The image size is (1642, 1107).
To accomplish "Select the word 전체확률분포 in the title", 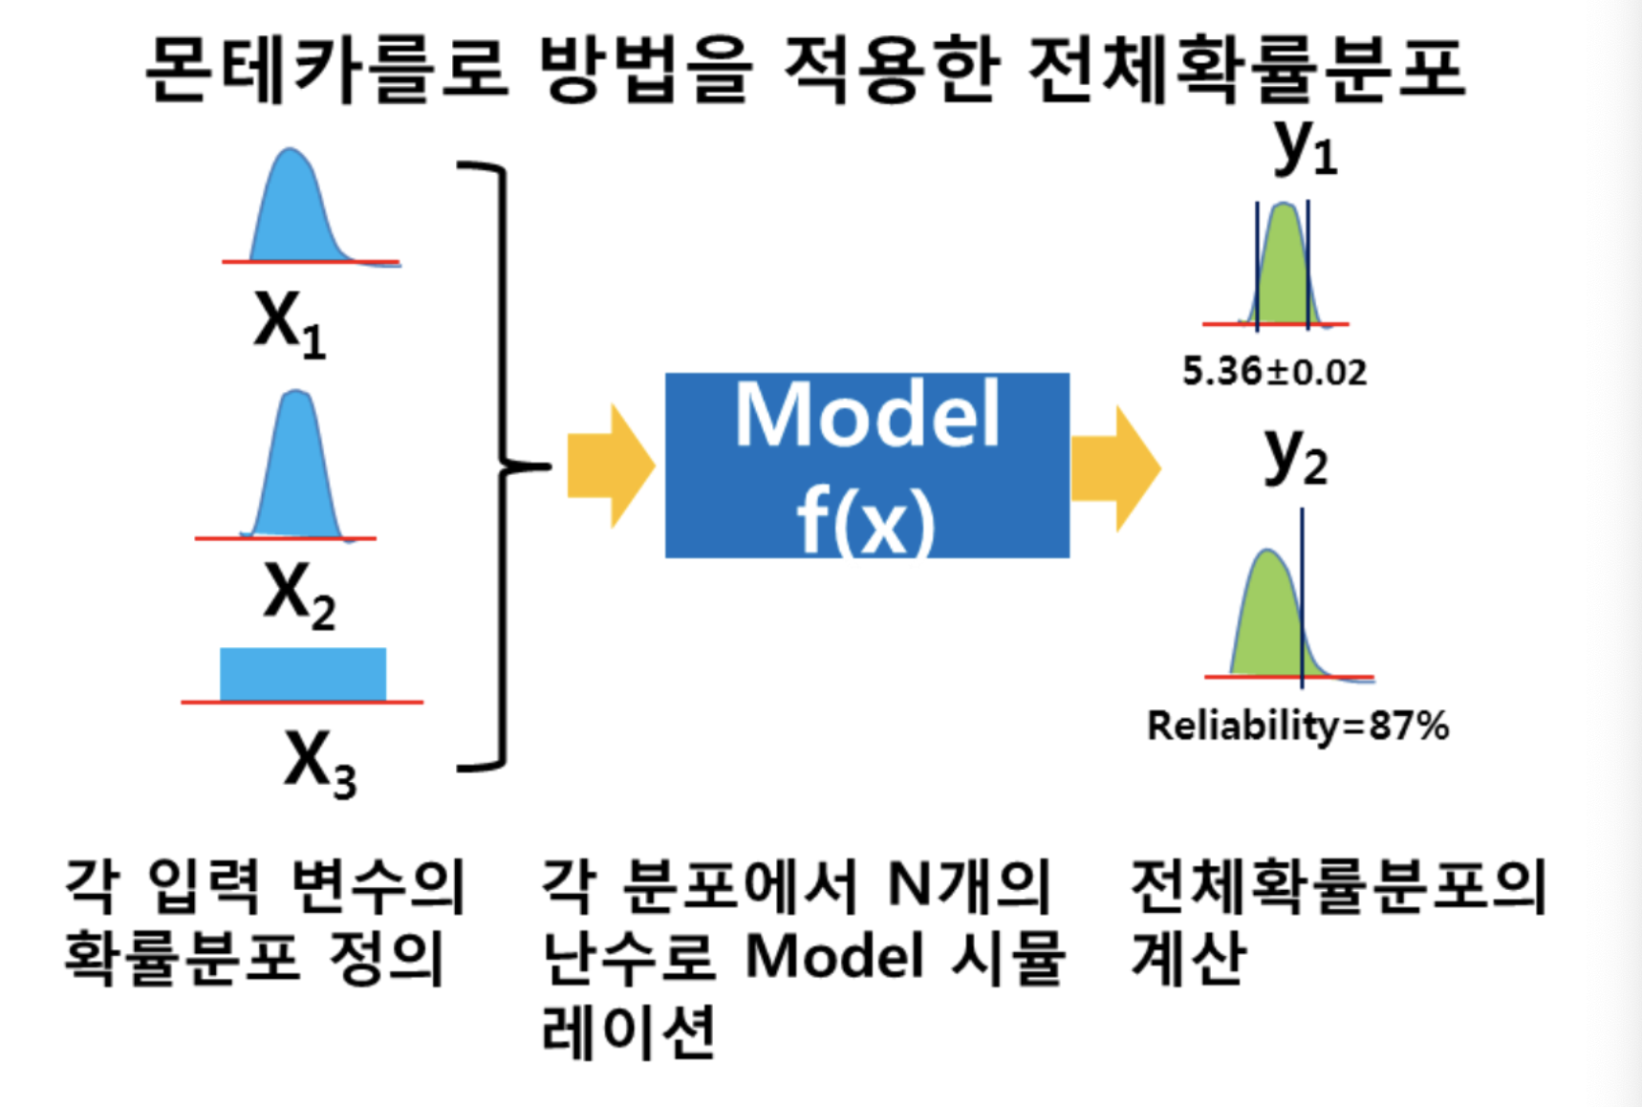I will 1246,69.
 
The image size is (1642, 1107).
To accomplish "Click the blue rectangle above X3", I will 303,674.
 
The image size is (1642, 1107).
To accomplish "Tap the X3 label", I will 319,762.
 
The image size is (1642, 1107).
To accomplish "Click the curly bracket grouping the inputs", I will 502,467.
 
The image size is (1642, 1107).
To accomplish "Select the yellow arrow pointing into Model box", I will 610,467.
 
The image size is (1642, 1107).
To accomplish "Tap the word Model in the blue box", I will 867,415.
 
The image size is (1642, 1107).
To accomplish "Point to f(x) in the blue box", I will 866,521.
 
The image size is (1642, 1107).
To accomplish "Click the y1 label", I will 1305,148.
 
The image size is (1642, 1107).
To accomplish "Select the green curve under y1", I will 1283,272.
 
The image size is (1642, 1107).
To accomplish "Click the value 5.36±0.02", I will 1274,371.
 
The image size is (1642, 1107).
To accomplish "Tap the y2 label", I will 1295,456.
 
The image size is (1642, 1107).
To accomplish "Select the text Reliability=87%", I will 1297,726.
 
